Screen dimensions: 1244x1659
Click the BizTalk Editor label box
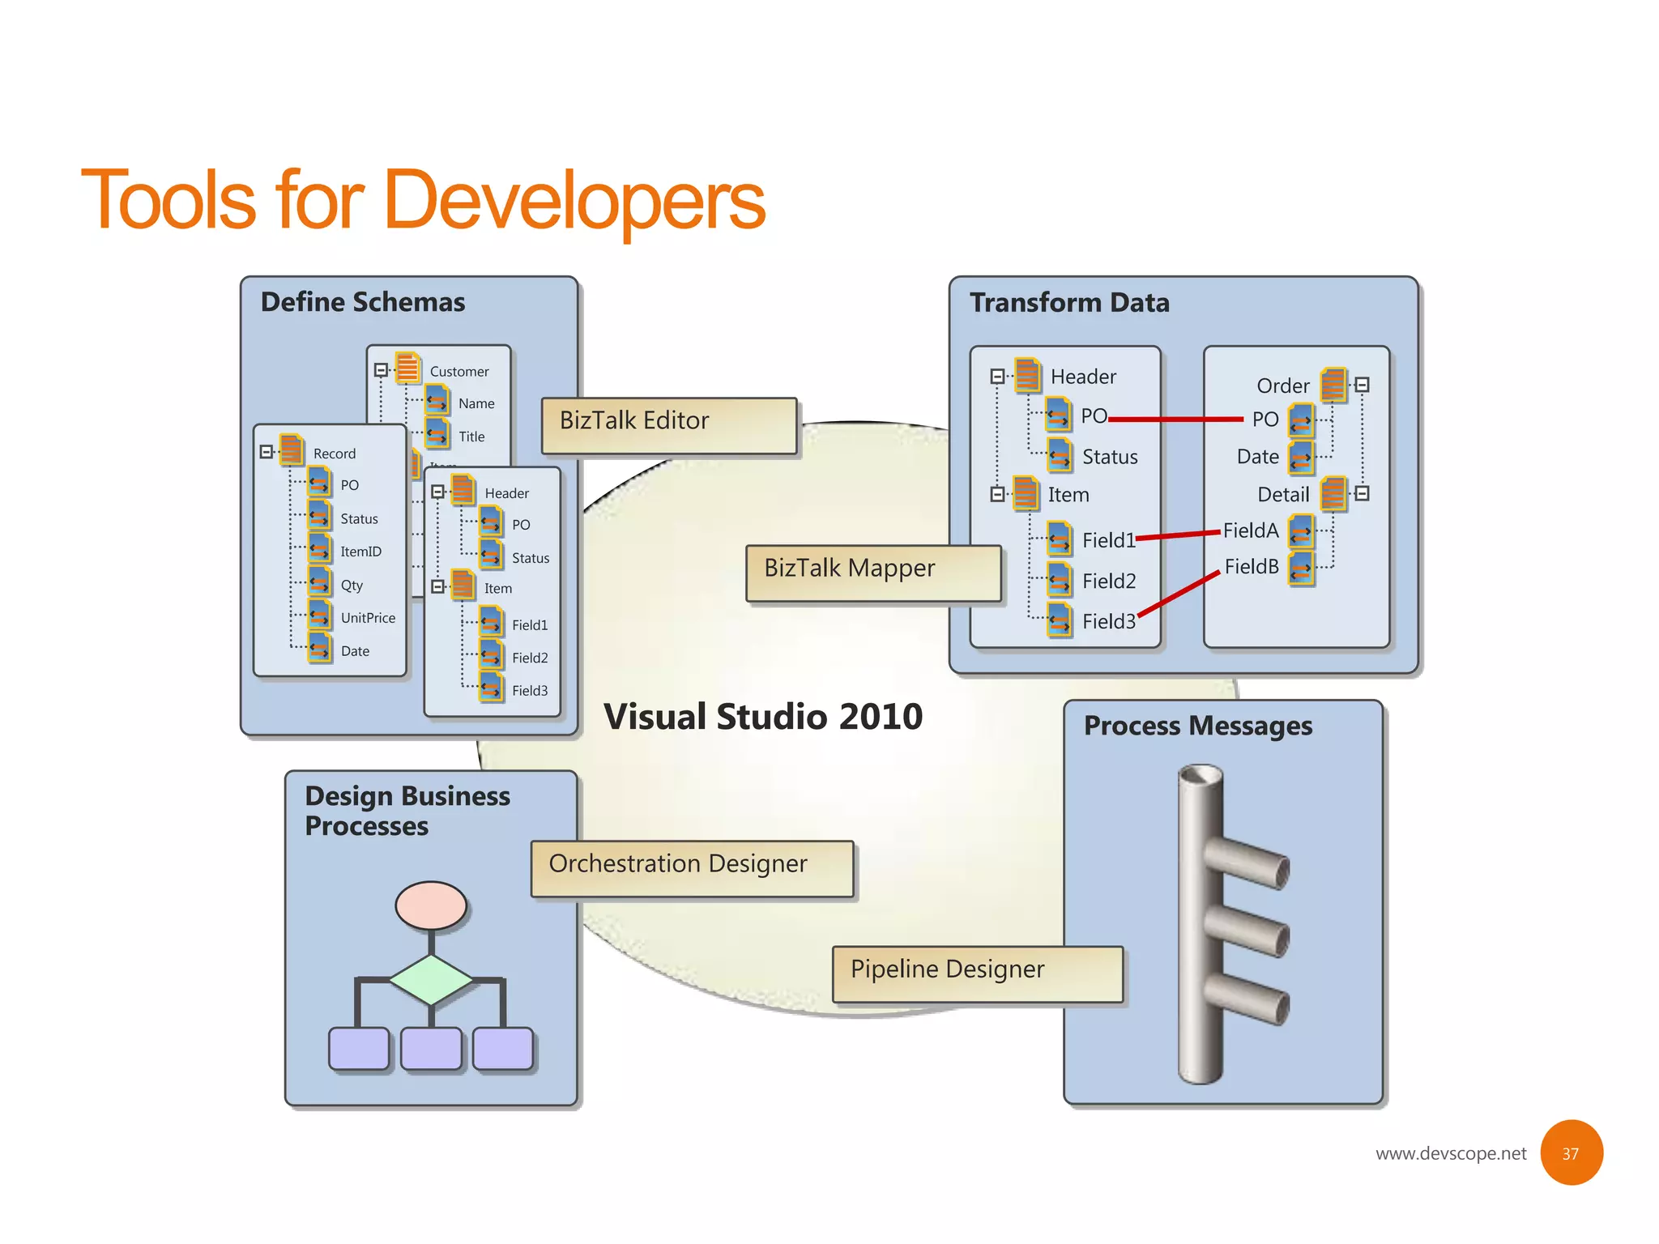coord(668,424)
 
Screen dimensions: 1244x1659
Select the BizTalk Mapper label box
coord(872,573)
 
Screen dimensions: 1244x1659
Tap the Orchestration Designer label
coord(692,867)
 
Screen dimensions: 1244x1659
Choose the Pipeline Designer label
coord(977,973)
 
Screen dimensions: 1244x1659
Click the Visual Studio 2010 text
coord(762,717)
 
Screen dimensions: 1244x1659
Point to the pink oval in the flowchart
coord(431,905)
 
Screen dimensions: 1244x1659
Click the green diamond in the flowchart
coord(431,980)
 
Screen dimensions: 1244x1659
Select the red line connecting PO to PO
coord(1175,420)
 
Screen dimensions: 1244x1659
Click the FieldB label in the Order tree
coord(1251,567)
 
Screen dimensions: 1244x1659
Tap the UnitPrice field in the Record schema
coord(368,618)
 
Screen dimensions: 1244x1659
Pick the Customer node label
coord(459,372)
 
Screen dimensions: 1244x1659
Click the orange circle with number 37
coord(1571,1152)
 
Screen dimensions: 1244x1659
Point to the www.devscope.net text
coord(1450,1153)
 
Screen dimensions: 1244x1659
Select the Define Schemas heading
coord(363,302)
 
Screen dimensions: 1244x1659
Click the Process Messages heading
coord(1197,726)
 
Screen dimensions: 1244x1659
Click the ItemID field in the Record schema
coord(360,552)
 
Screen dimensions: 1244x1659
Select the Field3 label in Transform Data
coord(1108,621)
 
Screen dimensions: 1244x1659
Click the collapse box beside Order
coord(1363,385)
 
